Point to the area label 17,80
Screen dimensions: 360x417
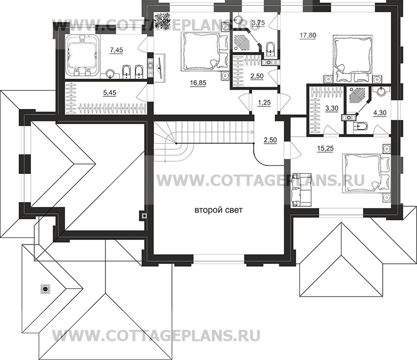[308, 35]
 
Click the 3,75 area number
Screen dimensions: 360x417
[258, 23]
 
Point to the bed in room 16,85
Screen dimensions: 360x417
[202, 51]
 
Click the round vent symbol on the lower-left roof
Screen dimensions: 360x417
[46, 289]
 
